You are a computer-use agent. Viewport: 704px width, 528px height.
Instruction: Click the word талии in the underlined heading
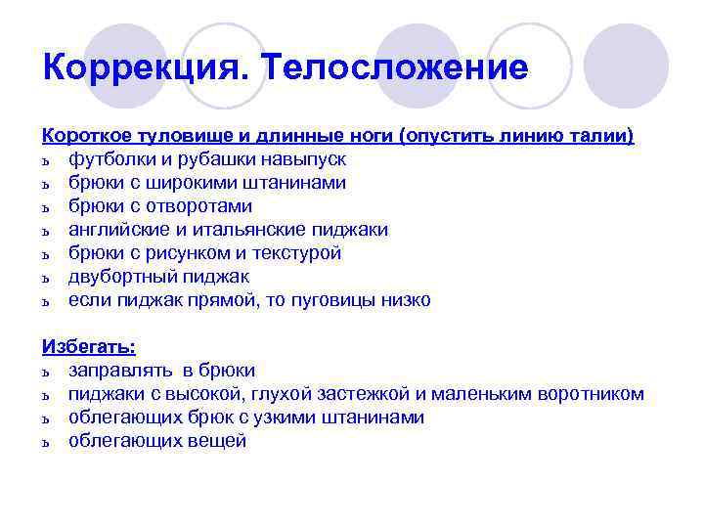[601, 135]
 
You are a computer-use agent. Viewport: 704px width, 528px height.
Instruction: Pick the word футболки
[110, 158]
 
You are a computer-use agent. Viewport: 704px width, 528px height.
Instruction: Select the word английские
[117, 230]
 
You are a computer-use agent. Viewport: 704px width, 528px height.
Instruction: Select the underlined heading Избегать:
[89, 347]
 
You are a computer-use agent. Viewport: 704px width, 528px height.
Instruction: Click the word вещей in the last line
[217, 441]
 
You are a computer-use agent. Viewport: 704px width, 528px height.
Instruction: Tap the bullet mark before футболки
[46, 159]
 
